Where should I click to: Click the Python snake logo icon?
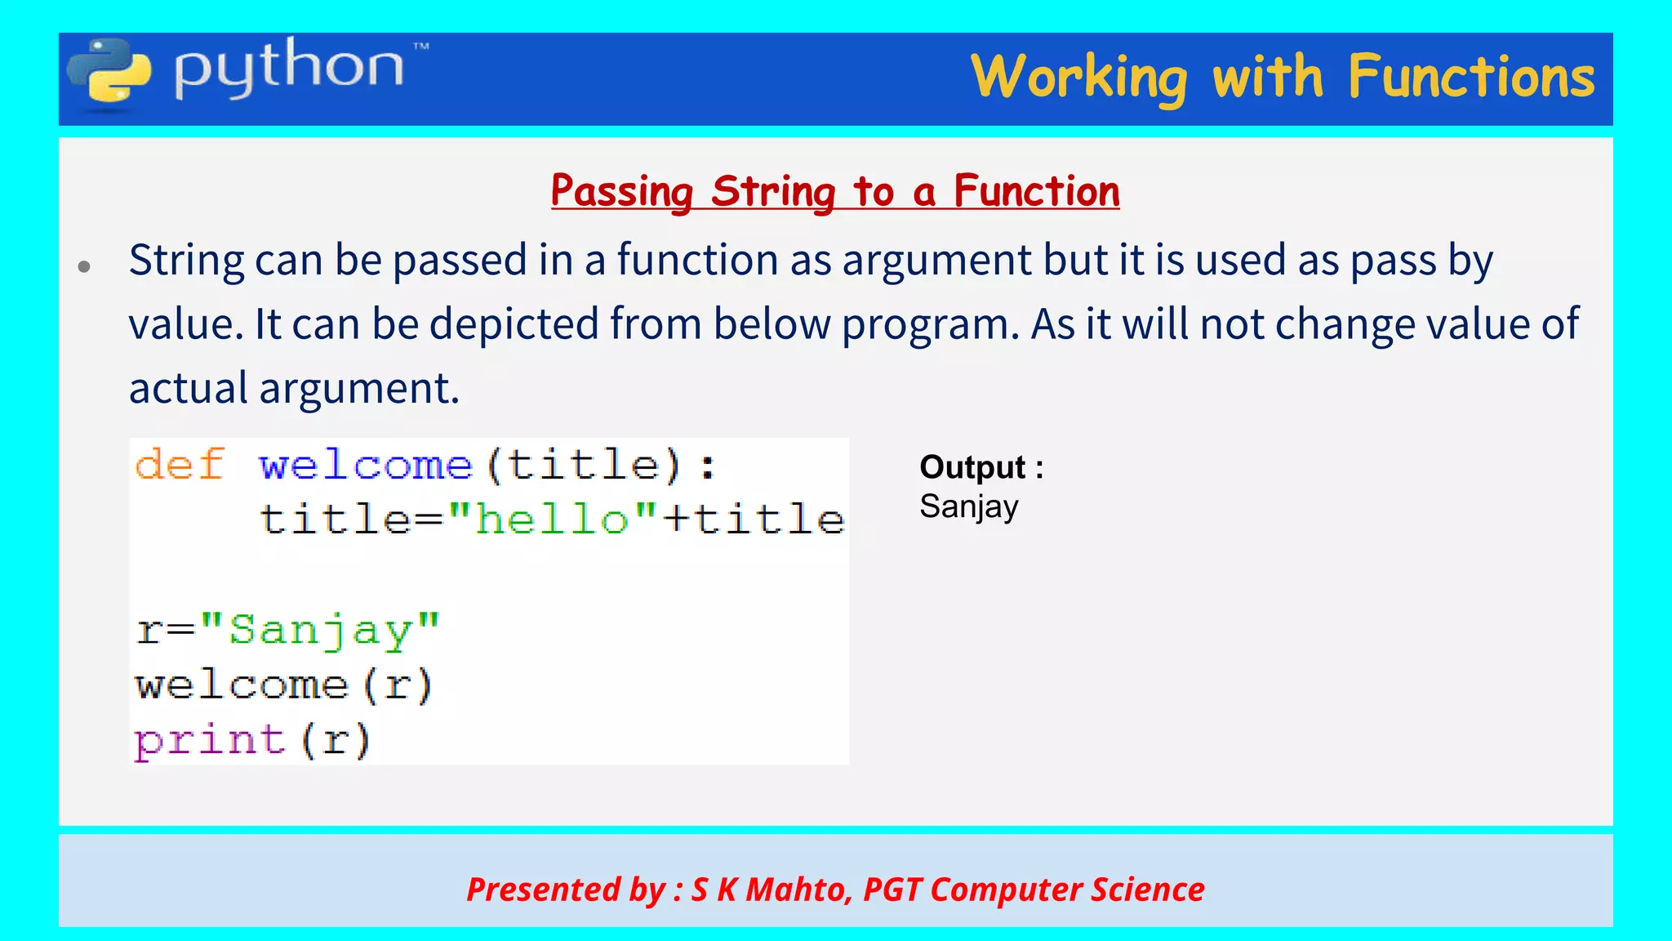pos(109,74)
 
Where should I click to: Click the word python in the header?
pos(289,69)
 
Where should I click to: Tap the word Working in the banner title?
pos(1078,78)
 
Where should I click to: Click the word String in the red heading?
pos(772,192)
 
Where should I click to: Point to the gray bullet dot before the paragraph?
pos(84,266)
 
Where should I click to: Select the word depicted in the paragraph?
pos(514,324)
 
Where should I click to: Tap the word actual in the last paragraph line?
pos(188,388)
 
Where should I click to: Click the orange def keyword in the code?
pos(180,465)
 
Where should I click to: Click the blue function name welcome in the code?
pos(366,466)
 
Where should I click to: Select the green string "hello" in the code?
pos(553,520)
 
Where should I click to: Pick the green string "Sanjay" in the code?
pos(320,631)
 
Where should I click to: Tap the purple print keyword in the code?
pos(210,741)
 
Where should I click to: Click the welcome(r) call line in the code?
pos(283,685)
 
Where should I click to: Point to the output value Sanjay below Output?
pos(969,507)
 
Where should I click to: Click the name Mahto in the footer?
pos(797,890)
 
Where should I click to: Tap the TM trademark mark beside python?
pos(420,47)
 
